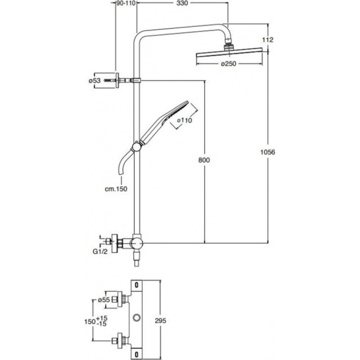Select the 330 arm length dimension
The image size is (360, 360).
click(181, 4)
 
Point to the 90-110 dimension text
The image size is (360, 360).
click(126, 4)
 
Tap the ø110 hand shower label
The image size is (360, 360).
click(184, 120)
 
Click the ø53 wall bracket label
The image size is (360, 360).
click(94, 81)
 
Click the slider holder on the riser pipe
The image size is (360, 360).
click(135, 147)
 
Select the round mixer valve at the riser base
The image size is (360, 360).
click(135, 244)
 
